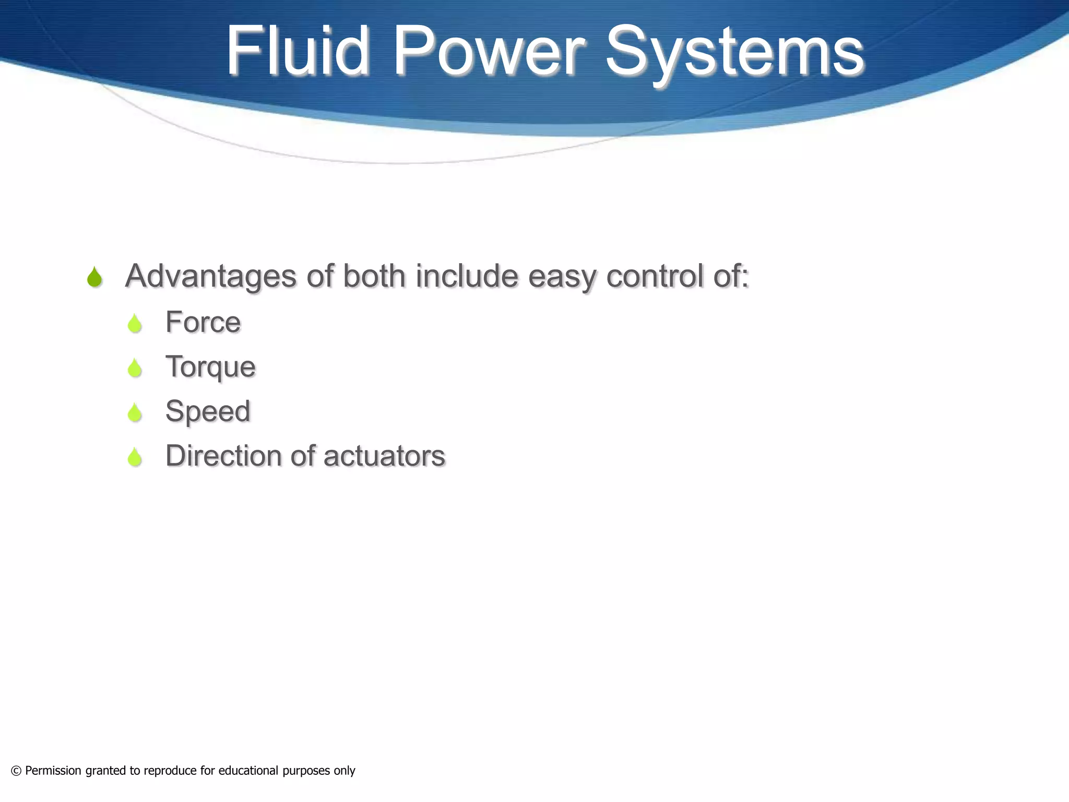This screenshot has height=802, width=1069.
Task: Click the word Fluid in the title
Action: [x=298, y=51]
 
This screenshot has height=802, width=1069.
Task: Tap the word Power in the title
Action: [x=488, y=51]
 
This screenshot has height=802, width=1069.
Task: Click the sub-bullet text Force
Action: [x=203, y=322]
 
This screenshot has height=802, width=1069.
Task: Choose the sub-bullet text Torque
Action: [x=210, y=367]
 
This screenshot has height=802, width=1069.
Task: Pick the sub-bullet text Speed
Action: [x=208, y=411]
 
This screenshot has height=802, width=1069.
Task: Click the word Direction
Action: [x=223, y=455]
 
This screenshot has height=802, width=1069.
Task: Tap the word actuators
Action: [x=384, y=456]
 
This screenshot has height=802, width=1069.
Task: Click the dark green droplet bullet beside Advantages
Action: [x=94, y=277]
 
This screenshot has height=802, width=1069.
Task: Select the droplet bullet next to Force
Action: [x=135, y=324]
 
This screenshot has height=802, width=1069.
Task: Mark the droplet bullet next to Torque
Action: [x=135, y=368]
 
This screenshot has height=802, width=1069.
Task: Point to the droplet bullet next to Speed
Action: [x=135, y=412]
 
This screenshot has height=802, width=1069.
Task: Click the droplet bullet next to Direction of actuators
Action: [x=135, y=457]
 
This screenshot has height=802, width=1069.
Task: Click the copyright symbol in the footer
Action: [x=16, y=771]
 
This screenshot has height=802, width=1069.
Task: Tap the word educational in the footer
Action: [x=248, y=771]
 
